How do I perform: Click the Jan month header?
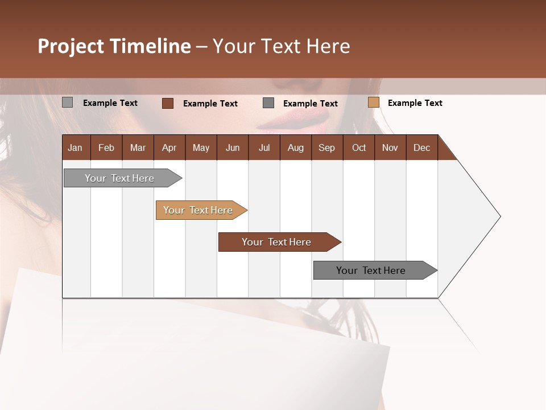click(75, 147)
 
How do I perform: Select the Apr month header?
click(169, 147)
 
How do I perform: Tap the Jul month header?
click(264, 147)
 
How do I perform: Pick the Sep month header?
click(326, 147)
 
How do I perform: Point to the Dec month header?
click(421, 147)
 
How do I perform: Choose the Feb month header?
click(106, 147)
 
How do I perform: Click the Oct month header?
click(359, 147)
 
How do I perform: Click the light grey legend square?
click(68, 102)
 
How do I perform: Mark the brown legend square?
click(168, 103)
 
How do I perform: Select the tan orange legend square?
click(374, 102)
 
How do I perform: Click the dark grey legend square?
click(268, 103)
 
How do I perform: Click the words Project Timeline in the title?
click(114, 46)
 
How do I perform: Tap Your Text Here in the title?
click(281, 46)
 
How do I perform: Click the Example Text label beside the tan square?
click(415, 103)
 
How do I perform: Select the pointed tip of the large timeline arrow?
click(499, 216)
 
